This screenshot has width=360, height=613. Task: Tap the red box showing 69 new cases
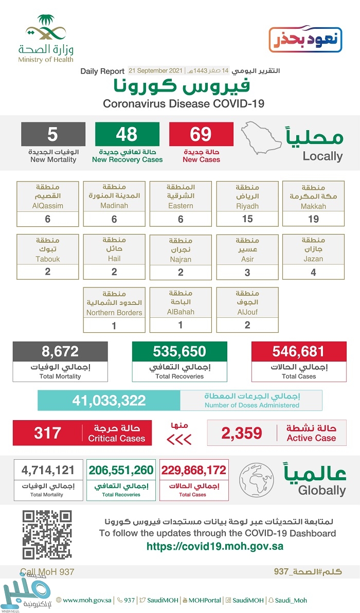pos(201,134)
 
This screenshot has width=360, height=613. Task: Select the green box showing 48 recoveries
pos(127,134)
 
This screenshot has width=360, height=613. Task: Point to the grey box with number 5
pos(53,134)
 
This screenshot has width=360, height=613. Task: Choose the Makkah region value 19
pos(313,219)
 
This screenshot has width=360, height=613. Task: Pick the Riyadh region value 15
pos(247,219)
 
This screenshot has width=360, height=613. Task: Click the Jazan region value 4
pos(313,272)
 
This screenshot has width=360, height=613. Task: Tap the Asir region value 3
pos(247,272)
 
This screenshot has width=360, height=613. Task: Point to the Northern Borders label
pos(114,312)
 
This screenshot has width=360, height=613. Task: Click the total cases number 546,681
pos(299,352)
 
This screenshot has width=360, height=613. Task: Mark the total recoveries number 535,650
pos(179,352)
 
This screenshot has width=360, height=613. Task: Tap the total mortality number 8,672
pos(60,352)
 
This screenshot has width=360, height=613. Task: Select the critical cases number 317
pos(47,432)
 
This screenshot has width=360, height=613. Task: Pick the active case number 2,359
pos(242,433)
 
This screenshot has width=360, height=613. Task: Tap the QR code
pos(47,535)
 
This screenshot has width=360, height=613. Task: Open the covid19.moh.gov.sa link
pos(215,547)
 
